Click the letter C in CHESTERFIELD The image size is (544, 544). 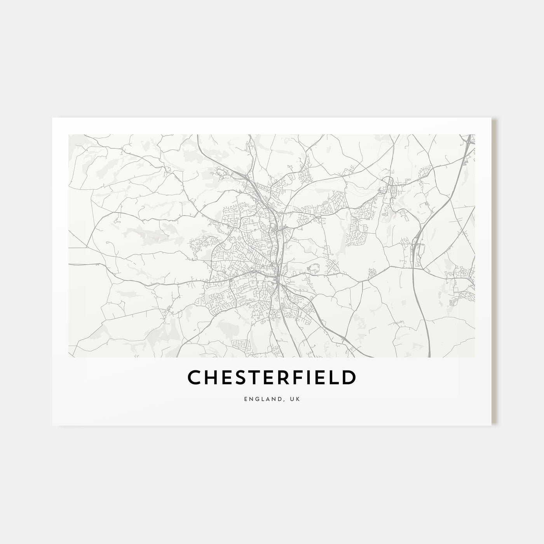click(x=195, y=377)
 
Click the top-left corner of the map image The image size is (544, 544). click(x=69, y=135)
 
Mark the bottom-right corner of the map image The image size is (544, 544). click(x=475, y=357)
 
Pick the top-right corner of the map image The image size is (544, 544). click(x=475, y=135)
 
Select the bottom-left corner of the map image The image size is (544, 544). click(x=69, y=357)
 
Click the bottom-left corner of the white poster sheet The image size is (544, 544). click(x=52, y=425)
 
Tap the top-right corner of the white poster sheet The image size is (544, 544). click(x=492, y=118)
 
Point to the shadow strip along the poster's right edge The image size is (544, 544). click(x=494, y=272)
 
